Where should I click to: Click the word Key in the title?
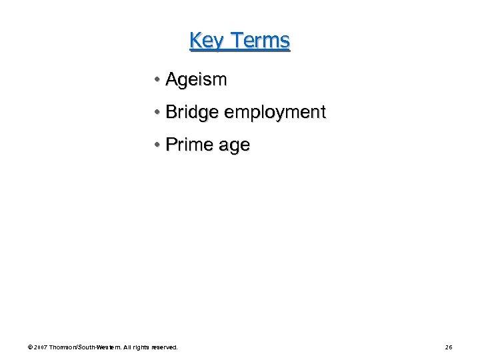pos(205,41)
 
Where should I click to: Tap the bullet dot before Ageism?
pos(155,80)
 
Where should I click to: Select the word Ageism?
pos(196,80)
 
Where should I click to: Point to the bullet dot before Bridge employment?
pos(155,113)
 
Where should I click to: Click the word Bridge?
pos(192,113)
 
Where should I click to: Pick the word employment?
pos(275,113)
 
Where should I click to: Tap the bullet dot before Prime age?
pos(155,145)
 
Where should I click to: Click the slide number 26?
pos(449,347)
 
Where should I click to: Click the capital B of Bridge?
pos(170,113)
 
